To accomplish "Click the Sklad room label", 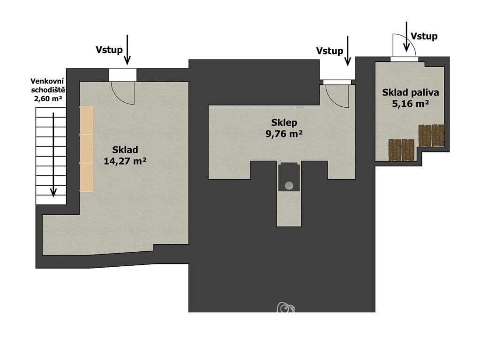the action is (x=125, y=150).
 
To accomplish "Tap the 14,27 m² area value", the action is (x=125, y=161).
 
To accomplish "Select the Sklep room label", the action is (x=284, y=123).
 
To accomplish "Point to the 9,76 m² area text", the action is (x=285, y=134).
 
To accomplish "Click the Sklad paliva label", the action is (x=411, y=92).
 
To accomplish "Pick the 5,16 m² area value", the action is (x=411, y=104).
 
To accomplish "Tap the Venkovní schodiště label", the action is (x=47, y=86).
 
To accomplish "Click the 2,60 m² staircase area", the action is (x=48, y=98).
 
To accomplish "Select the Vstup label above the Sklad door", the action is (x=109, y=50).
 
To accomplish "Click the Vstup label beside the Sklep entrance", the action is (x=330, y=51).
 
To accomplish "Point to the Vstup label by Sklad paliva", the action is (x=424, y=37).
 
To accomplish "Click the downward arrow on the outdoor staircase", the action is (x=53, y=155).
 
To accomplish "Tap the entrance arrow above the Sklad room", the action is (x=127, y=50).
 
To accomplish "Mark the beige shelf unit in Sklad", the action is (x=86, y=149).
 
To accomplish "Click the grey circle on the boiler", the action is (x=289, y=185).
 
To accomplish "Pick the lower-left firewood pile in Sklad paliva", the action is (x=401, y=150).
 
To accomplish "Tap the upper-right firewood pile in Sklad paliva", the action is (x=432, y=135).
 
